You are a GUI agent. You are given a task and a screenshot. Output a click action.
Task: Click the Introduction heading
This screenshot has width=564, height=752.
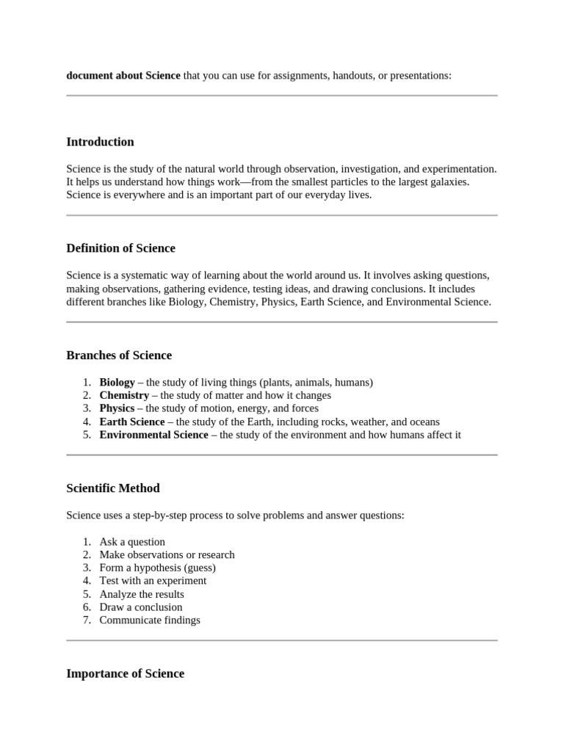100,142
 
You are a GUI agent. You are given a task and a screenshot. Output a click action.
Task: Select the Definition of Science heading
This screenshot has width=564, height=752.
120,248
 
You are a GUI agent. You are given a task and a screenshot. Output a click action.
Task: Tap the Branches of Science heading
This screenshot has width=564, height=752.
119,355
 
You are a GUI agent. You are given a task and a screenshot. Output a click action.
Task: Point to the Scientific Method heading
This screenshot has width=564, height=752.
113,488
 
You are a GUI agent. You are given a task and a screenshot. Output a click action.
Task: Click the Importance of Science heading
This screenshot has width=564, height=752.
125,673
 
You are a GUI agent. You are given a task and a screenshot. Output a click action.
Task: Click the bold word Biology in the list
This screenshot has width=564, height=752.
117,383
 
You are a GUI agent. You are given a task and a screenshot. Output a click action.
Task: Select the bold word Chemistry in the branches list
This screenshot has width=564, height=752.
124,395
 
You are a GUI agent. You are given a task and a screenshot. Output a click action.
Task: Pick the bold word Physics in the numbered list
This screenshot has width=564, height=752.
117,408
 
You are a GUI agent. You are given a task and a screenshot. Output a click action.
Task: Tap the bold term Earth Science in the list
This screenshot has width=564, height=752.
132,422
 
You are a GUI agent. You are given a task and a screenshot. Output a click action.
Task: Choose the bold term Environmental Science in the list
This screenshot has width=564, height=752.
153,435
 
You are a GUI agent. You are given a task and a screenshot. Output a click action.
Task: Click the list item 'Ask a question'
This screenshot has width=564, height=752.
132,542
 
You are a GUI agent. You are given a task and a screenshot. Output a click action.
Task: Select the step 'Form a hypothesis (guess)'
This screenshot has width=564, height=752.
157,568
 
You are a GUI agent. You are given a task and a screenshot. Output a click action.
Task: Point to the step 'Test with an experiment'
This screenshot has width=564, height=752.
153,581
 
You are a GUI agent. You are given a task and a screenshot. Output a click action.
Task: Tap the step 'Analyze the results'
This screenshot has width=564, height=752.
142,594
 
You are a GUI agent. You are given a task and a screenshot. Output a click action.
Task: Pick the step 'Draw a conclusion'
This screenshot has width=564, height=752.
141,607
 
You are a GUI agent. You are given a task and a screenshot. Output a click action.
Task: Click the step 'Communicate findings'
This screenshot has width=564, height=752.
150,621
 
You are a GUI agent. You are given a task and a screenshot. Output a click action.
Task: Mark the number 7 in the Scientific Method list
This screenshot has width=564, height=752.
86,621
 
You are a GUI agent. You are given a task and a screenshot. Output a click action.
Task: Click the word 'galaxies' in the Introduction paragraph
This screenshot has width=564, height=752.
449,181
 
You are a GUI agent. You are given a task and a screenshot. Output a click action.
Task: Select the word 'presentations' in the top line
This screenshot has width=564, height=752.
419,76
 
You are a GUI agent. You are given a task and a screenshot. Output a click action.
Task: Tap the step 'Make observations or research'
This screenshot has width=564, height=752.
167,555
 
